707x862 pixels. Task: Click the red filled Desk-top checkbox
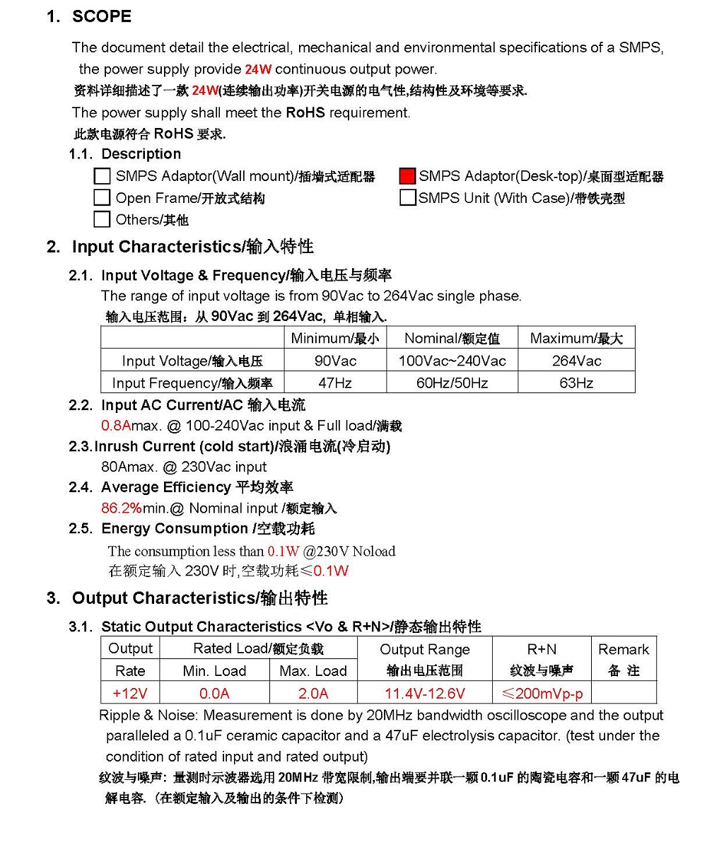coord(407,176)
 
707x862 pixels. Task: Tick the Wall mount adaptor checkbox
coord(103,176)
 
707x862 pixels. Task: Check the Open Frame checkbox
coord(103,198)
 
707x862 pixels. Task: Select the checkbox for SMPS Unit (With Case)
coord(407,198)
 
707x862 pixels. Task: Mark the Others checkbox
coord(103,219)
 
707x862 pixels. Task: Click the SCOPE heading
coord(102,17)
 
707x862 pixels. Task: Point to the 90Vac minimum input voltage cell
coord(335,361)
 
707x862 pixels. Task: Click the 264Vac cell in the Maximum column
coord(576,361)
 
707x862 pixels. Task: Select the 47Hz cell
coord(335,383)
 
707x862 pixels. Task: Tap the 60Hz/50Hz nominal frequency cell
coord(452,383)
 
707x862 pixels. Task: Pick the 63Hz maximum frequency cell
coord(576,383)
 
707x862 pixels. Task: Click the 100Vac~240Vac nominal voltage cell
coord(452,361)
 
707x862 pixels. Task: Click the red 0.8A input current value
coord(116,426)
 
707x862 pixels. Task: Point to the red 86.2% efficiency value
coord(122,508)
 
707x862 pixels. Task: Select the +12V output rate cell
coord(130,693)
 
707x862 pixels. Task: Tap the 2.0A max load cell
coord(313,693)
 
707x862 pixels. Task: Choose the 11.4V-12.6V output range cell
coord(424,693)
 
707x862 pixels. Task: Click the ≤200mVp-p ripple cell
coord(542,693)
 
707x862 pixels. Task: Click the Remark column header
coord(623,649)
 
